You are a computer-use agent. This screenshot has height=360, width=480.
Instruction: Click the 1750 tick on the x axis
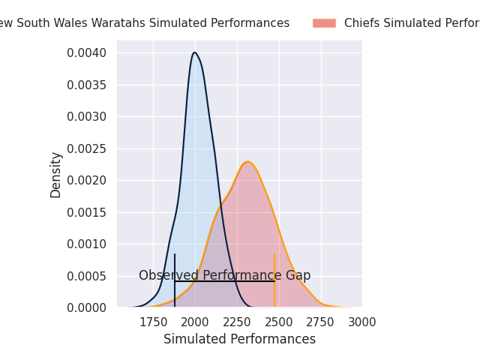tap(154, 322)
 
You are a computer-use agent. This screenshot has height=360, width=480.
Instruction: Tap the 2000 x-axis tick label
tap(195, 322)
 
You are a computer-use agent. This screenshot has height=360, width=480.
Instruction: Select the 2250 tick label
tap(237, 322)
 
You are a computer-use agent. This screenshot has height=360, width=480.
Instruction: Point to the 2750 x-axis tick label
tap(321, 322)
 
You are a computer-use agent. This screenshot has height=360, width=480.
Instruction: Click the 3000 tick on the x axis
tap(362, 322)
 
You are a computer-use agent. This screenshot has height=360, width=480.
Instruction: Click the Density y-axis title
tap(56, 175)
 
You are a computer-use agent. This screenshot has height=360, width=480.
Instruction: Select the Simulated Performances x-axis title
tap(239, 339)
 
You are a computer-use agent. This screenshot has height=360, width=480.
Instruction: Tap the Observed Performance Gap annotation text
tap(224, 275)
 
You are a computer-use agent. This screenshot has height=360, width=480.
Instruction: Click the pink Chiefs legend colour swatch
tap(324, 23)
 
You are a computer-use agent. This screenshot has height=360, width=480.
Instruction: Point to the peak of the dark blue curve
tap(194, 52)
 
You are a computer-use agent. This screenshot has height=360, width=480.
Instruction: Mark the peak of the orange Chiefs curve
tap(247, 162)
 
